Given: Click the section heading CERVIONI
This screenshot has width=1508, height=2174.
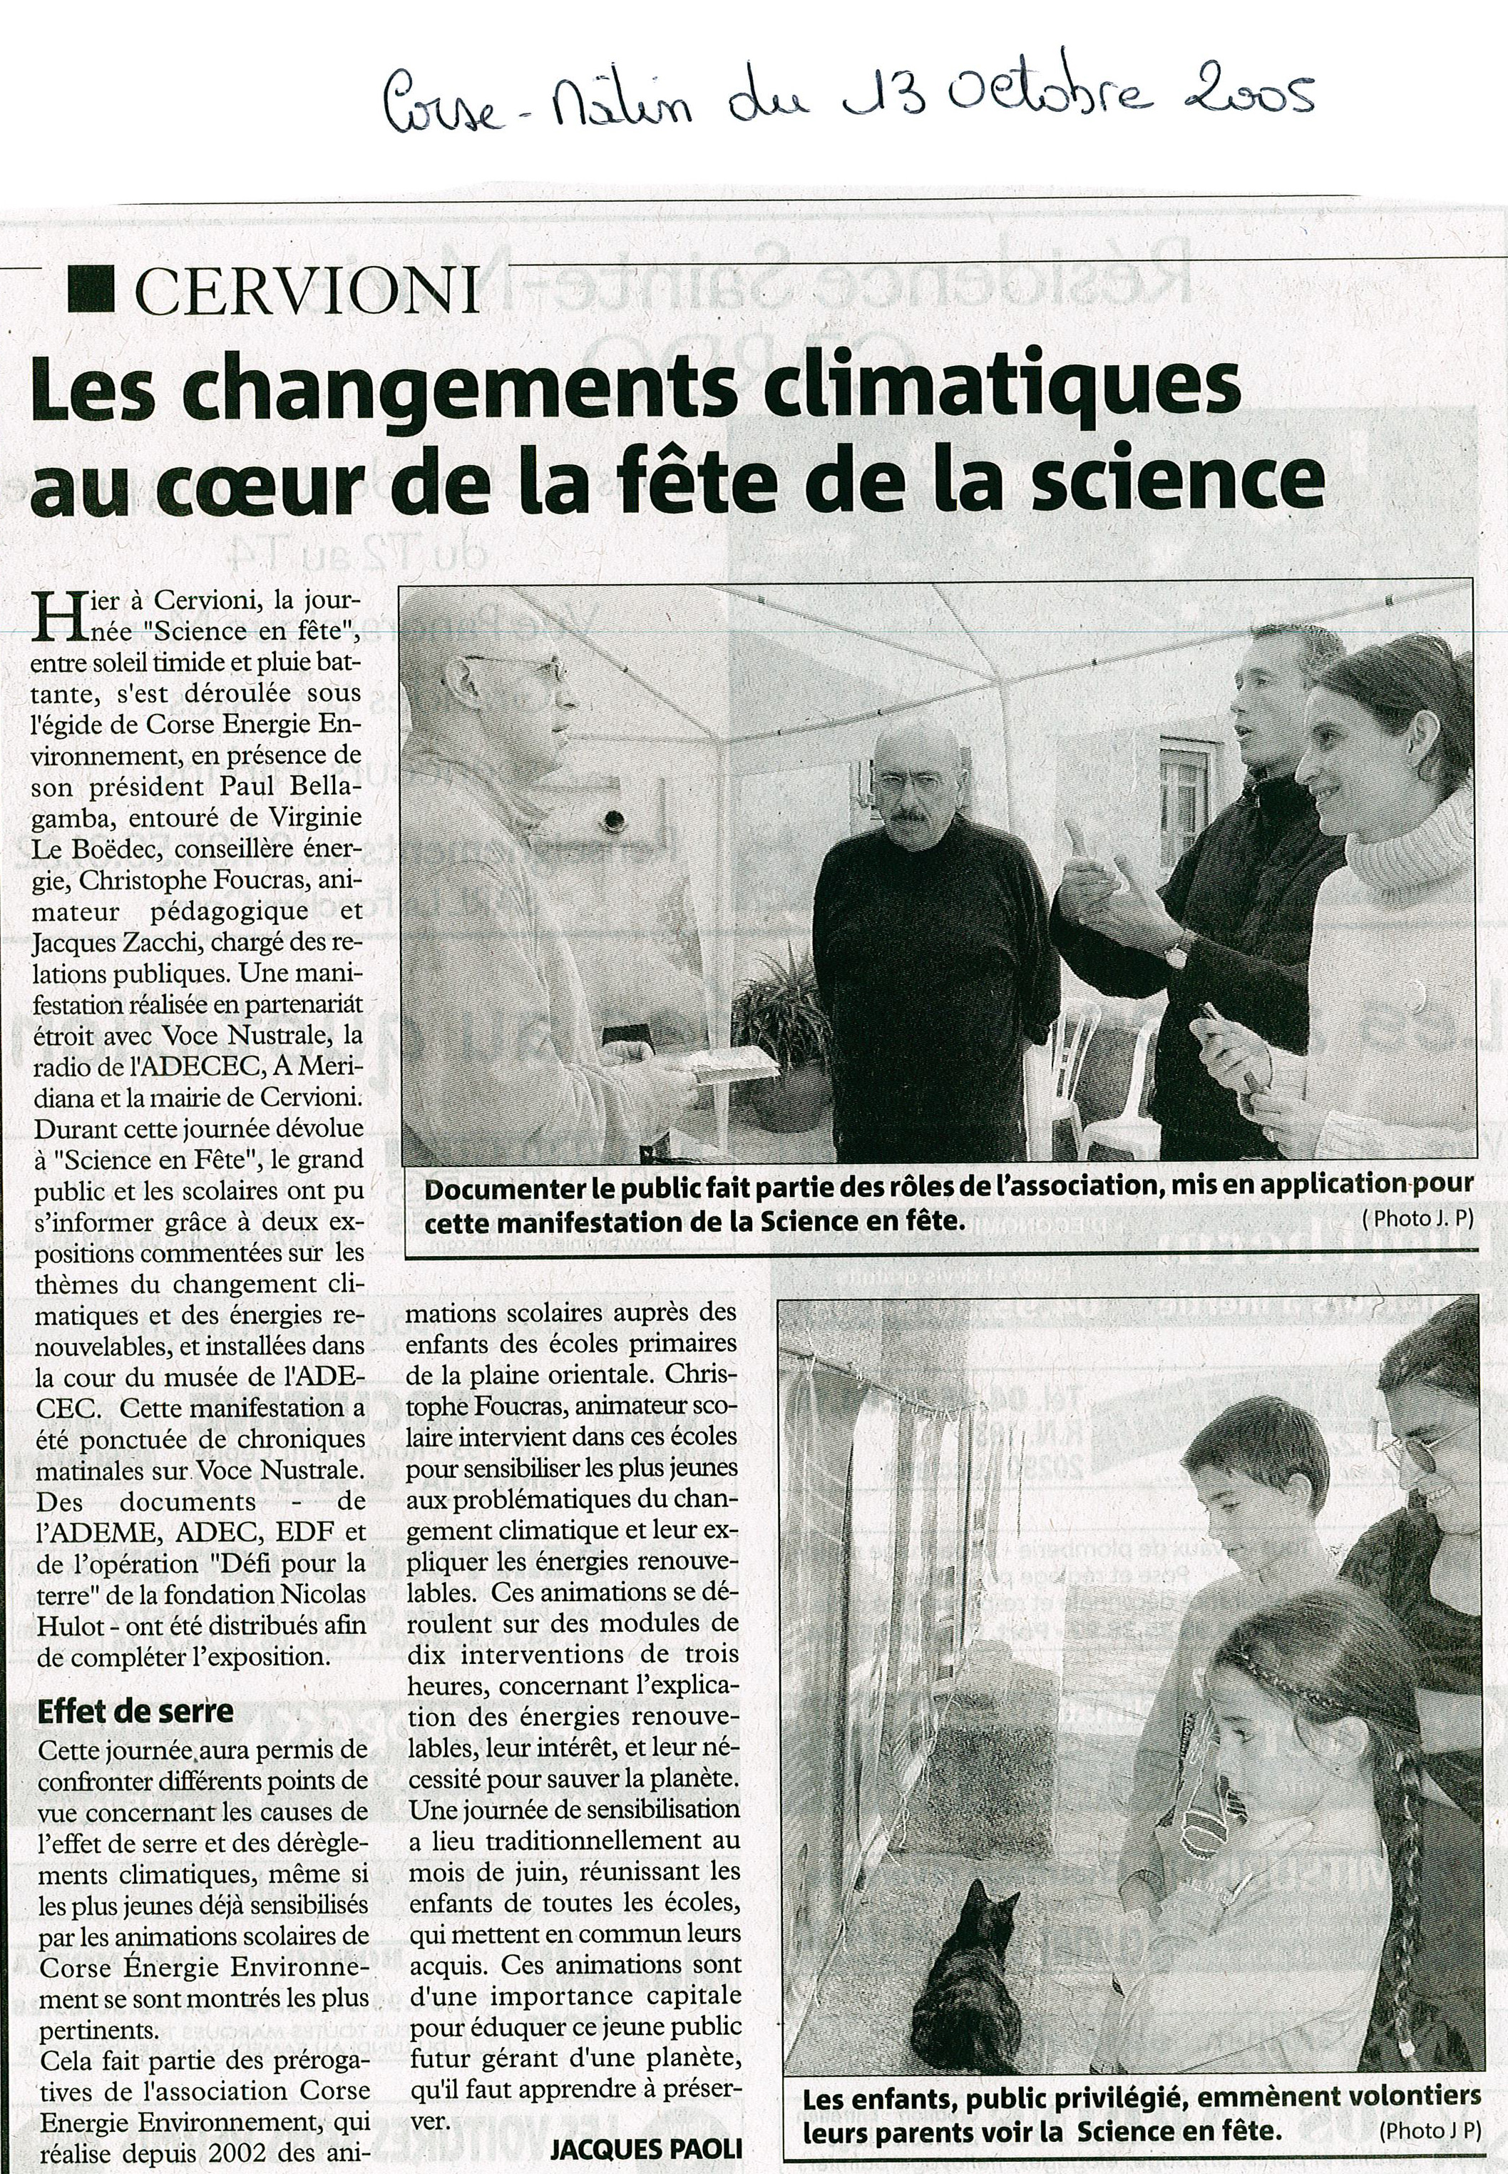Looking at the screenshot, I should point(307,290).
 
